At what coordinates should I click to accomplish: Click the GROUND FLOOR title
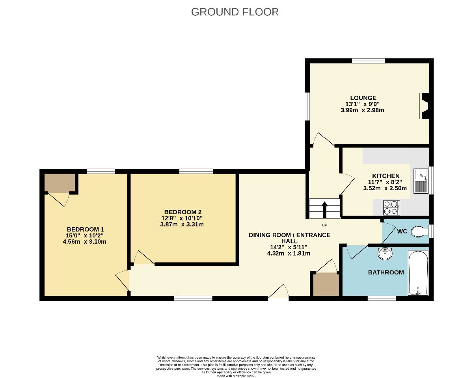pyautogui.click(x=235, y=12)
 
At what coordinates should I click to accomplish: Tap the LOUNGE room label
pyautogui.click(x=363, y=98)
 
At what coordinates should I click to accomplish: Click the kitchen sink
pyautogui.click(x=421, y=181)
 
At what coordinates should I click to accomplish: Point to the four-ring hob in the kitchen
pyautogui.click(x=391, y=208)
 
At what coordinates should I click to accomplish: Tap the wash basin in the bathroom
pyautogui.click(x=385, y=254)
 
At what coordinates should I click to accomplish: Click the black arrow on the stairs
pyautogui.click(x=324, y=209)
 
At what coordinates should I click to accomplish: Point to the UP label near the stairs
pyautogui.click(x=325, y=225)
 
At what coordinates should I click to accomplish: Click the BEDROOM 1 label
pyautogui.click(x=86, y=229)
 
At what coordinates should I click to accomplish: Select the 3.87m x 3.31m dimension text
pyautogui.click(x=179, y=224)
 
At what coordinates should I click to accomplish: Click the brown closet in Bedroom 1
pyautogui.click(x=60, y=183)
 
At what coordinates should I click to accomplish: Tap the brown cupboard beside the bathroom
pyautogui.click(x=326, y=284)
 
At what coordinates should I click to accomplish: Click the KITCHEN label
pyautogui.click(x=386, y=176)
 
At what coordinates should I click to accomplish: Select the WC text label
pyautogui.click(x=402, y=231)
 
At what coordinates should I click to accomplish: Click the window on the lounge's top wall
pyautogui.click(x=368, y=61)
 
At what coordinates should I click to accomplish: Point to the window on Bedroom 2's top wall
pyautogui.click(x=196, y=171)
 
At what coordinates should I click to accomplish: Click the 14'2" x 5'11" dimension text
pyautogui.click(x=289, y=247)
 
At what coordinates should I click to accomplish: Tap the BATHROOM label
pyautogui.click(x=385, y=272)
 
